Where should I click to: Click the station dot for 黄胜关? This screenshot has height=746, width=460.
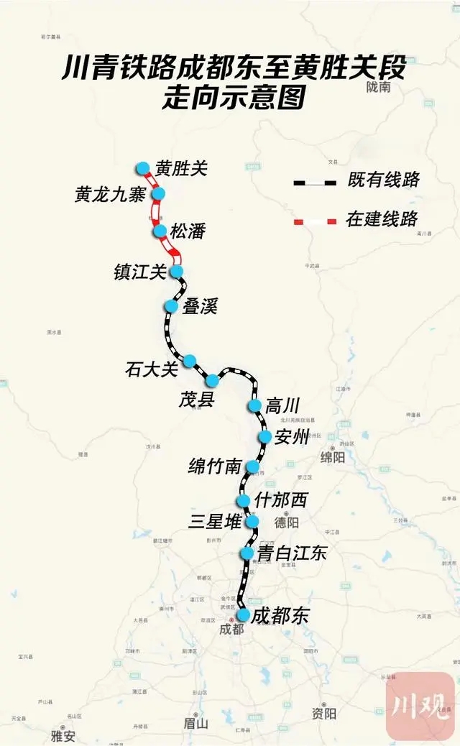click(143, 167)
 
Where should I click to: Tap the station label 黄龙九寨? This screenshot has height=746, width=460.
click(110, 195)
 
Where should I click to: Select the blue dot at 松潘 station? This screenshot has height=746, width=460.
click(160, 231)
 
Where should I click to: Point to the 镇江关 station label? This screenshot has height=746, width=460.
click(139, 272)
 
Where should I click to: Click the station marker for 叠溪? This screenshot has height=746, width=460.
click(171, 306)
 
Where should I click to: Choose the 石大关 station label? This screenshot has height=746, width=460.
click(150, 370)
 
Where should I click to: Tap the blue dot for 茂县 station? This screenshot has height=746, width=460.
click(212, 380)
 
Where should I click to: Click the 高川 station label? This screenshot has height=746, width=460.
click(282, 406)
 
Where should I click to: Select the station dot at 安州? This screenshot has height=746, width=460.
click(264, 437)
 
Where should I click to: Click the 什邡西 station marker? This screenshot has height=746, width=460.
click(243, 500)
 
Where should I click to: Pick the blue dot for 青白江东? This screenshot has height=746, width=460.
click(247, 553)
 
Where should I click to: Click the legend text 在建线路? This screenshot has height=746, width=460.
click(382, 218)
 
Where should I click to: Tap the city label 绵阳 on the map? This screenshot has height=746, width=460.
click(333, 458)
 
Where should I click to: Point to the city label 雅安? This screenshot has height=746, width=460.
click(63, 736)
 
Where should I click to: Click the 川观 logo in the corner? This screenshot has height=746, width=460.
click(420, 706)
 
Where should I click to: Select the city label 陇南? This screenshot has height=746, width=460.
click(378, 87)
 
